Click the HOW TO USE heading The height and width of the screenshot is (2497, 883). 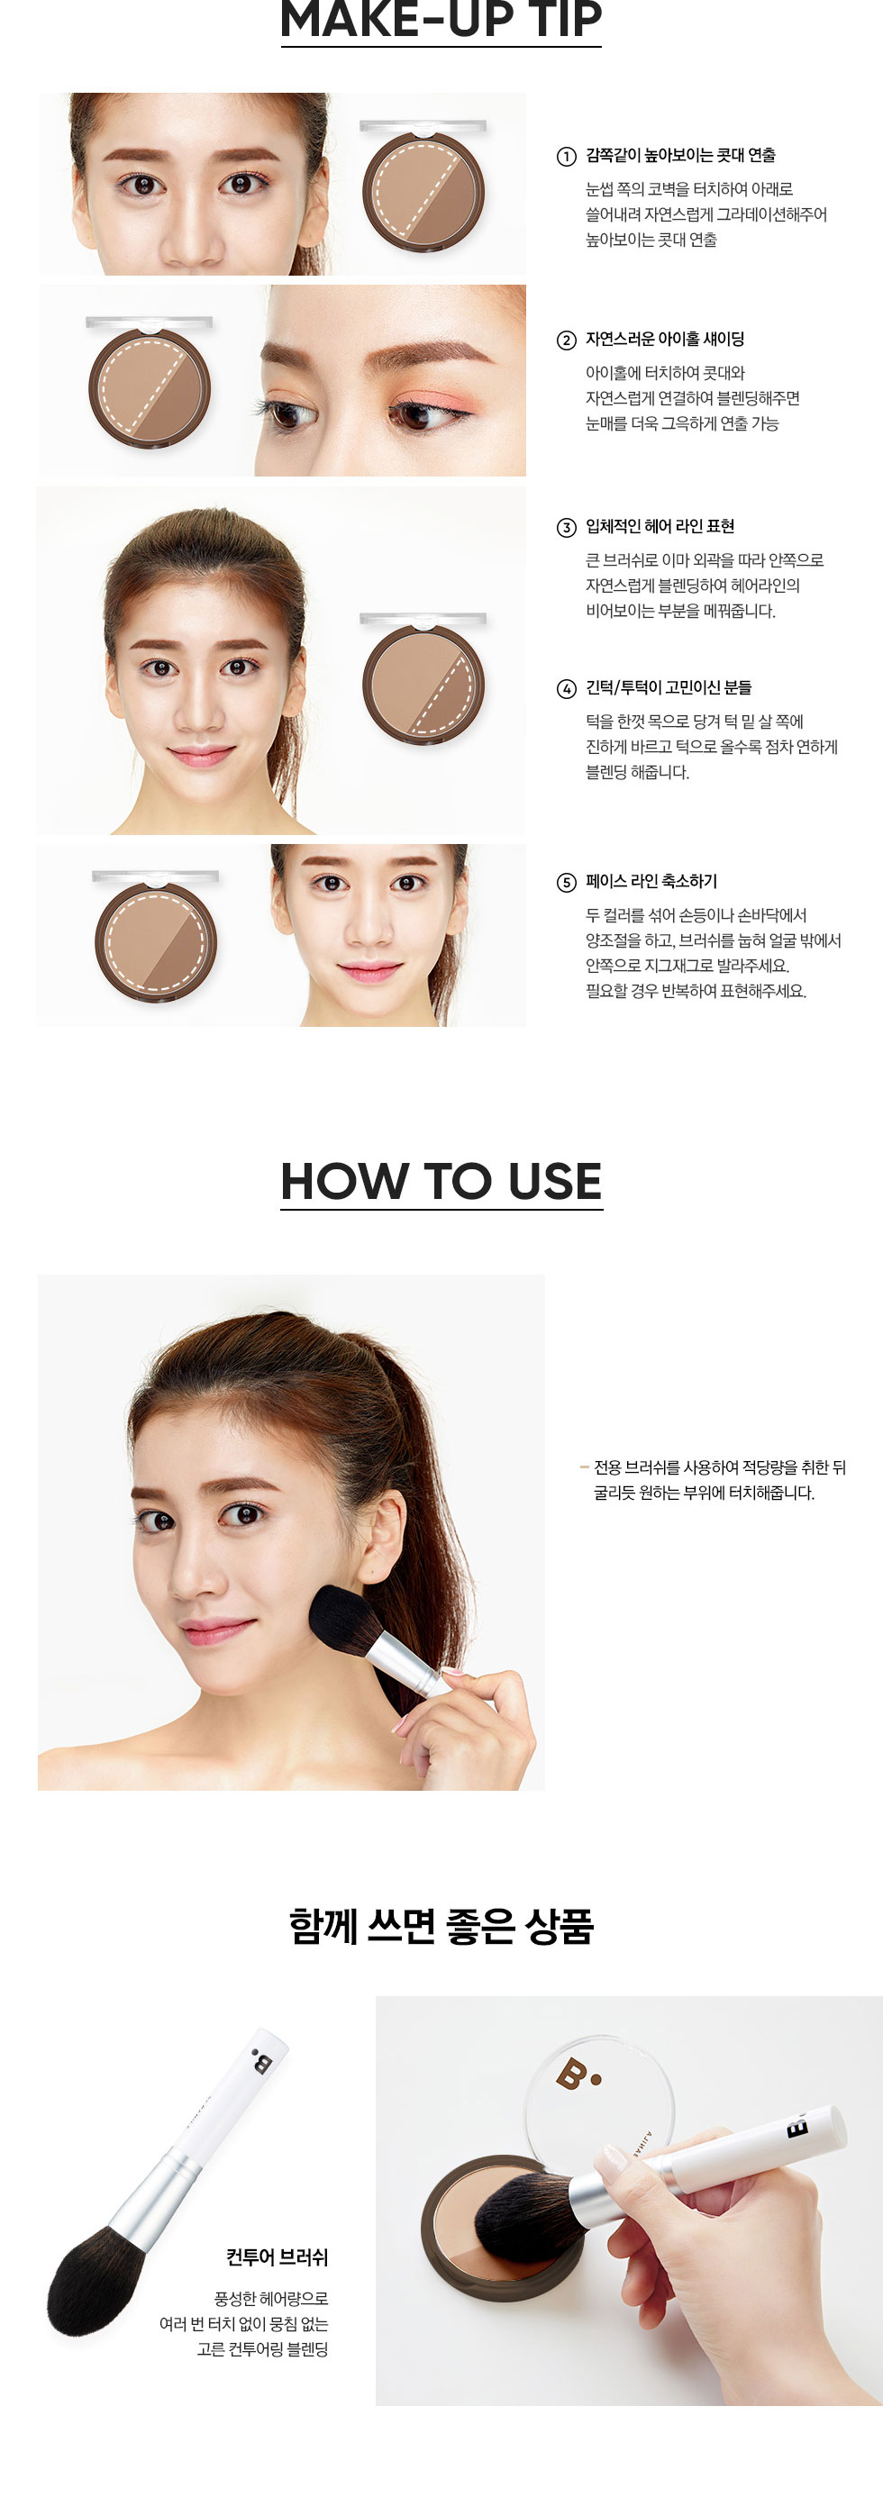click(x=441, y=1181)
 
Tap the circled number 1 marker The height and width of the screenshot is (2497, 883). click(x=566, y=156)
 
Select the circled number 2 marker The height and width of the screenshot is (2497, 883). click(x=566, y=340)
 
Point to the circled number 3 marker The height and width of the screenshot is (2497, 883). click(x=566, y=527)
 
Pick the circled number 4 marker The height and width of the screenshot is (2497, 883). click(x=566, y=689)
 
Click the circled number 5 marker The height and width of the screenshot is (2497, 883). click(x=566, y=882)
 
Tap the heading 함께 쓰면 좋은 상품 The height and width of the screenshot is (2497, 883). click(x=441, y=1926)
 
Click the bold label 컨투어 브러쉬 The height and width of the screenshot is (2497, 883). click(x=278, y=2257)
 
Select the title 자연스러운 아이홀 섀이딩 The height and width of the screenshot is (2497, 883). click(x=665, y=340)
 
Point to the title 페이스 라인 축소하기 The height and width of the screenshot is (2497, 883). click(x=651, y=881)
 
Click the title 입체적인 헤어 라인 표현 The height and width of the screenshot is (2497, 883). click(x=660, y=526)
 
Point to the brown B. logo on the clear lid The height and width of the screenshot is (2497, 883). click(x=578, y=2075)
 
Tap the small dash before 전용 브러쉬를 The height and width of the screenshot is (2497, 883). click(x=585, y=1467)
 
